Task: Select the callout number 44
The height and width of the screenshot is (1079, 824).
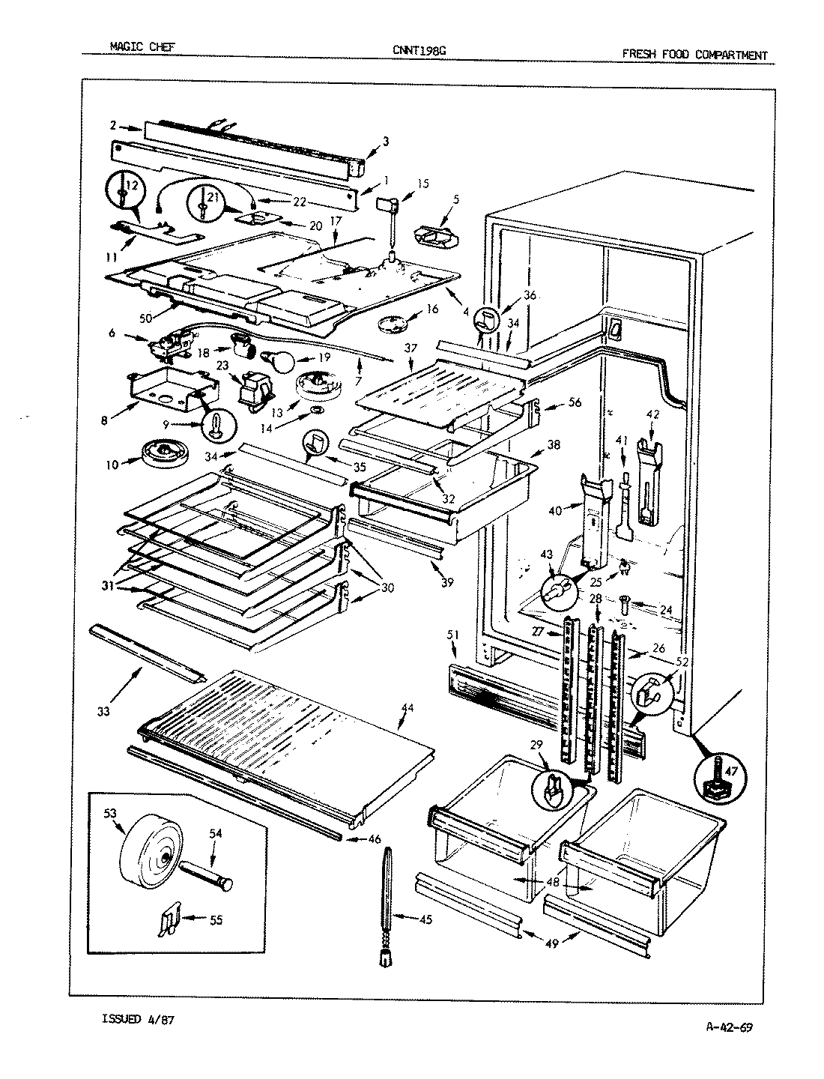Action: pos(407,707)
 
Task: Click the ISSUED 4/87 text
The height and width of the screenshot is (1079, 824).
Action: pos(139,1019)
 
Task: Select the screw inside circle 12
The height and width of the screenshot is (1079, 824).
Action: pos(121,195)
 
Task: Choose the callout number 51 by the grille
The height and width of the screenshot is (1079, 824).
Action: pos(452,635)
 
